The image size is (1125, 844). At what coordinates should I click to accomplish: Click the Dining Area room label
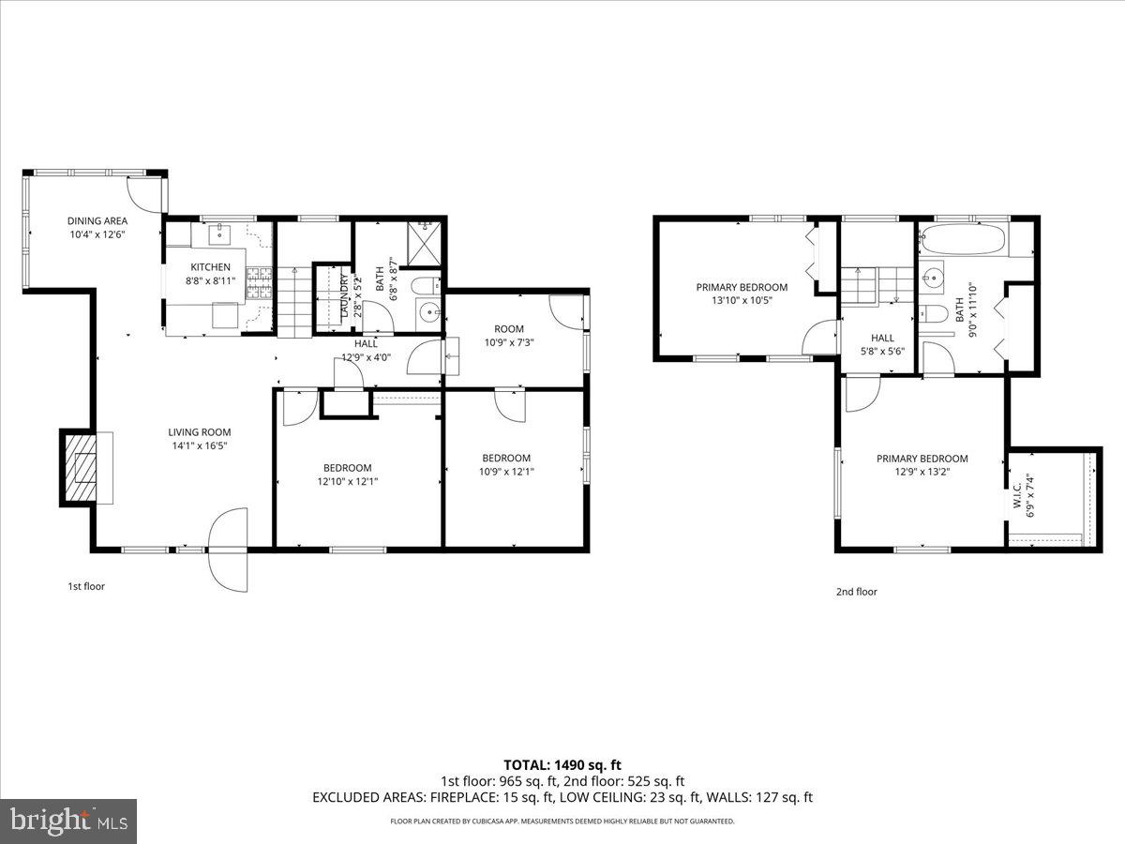pyautogui.click(x=97, y=221)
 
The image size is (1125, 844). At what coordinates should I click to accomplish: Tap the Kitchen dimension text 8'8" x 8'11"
pyautogui.click(x=207, y=279)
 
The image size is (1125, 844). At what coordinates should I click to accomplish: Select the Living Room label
pyautogui.click(x=199, y=432)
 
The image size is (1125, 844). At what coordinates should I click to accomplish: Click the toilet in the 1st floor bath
pyautogui.click(x=424, y=285)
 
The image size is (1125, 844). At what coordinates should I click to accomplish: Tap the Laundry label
pyautogui.click(x=344, y=294)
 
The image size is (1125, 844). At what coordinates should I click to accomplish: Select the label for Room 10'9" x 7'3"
pyautogui.click(x=509, y=329)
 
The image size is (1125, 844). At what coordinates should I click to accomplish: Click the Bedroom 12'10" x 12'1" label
pyautogui.click(x=348, y=468)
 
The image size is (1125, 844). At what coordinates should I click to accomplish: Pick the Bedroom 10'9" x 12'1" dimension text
pyautogui.click(x=507, y=472)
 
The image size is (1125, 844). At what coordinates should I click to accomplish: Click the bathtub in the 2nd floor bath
pyautogui.click(x=964, y=240)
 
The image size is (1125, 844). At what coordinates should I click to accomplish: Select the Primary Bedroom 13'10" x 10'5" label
pyautogui.click(x=742, y=287)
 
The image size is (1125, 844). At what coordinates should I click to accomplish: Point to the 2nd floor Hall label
pyautogui.click(x=882, y=338)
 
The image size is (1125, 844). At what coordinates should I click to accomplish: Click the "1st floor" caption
pyautogui.click(x=86, y=586)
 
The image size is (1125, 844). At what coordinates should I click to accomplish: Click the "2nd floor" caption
pyautogui.click(x=857, y=592)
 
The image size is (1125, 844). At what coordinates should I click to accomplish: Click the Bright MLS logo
pyautogui.click(x=68, y=821)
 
